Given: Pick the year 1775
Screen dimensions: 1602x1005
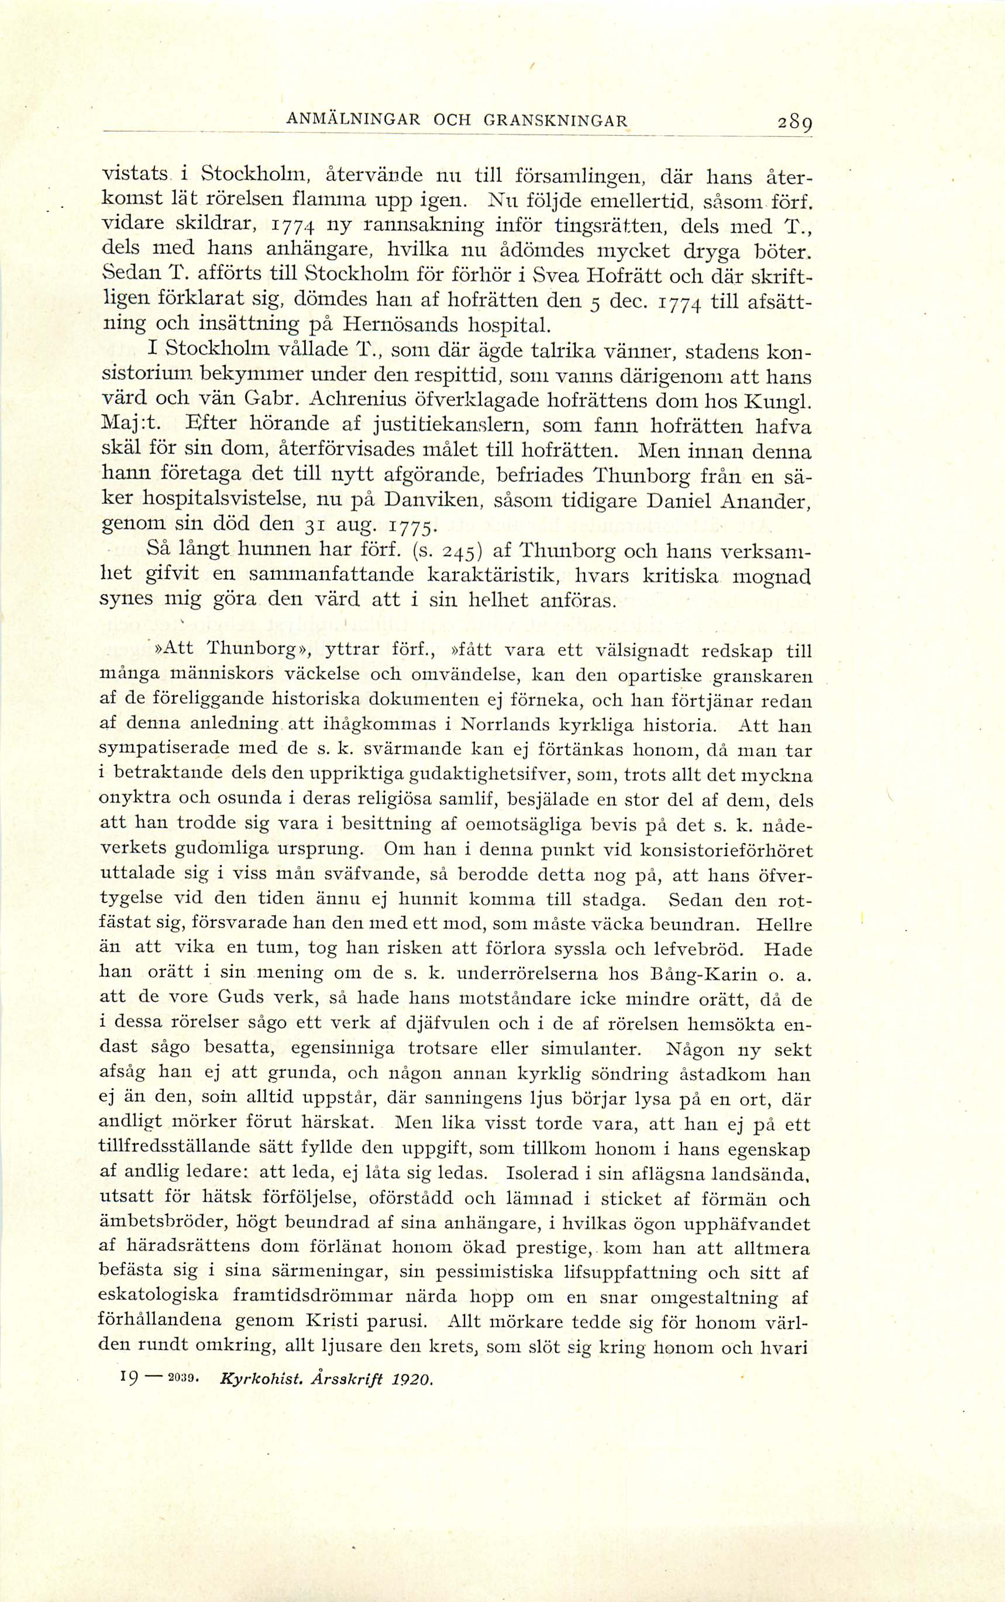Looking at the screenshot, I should click(x=408, y=526).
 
